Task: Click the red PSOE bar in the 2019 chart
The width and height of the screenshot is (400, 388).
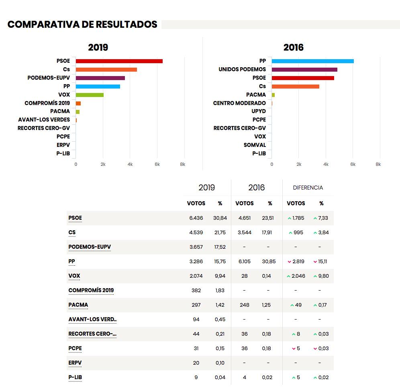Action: (x=119, y=61)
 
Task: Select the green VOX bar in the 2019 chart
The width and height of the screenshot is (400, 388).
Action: (x=90, y=95)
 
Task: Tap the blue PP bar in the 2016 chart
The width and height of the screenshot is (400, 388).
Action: (x=313, y=61)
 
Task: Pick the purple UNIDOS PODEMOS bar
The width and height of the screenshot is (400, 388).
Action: (x=304, y=70)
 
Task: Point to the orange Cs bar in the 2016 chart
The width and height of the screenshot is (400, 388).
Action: (x=296, y=87)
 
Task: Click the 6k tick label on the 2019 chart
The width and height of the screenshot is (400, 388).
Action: (x=157, y=164)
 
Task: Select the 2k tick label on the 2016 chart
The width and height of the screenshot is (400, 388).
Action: (x=299, y=164)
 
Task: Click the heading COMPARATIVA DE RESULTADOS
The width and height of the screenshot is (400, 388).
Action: (x=82, y=24)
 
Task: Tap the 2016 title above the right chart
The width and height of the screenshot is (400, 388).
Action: (x=293, y=47)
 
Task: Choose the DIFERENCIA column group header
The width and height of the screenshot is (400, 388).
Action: (x=308, y=188)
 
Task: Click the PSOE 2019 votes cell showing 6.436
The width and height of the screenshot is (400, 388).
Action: (x=196, y=218)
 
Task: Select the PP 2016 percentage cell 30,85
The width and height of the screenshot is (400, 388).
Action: (x=269, y=262)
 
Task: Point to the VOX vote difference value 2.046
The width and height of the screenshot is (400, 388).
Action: (x=298, y=276)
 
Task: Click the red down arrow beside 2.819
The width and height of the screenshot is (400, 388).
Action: (x=289, y=262)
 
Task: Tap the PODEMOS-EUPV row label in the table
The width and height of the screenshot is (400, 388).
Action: (x=90, y=247)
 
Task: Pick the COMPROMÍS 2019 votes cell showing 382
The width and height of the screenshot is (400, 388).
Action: (x=196, y=290)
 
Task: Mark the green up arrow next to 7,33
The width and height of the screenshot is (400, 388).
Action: (x=315, y=218)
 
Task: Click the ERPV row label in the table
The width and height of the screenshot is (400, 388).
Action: (x=75, y=363)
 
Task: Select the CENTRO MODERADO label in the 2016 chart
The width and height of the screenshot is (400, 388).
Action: (x=239, y=103)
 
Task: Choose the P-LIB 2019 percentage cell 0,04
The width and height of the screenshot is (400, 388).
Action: (x=220, y=377)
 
